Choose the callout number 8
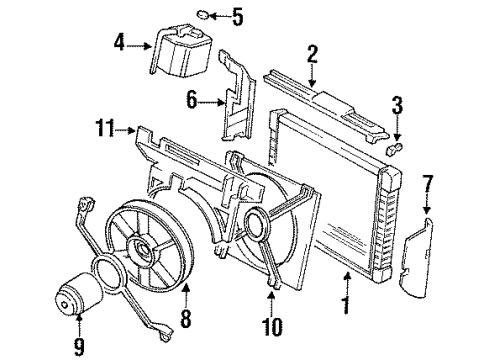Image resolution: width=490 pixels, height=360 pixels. (x=183, y=321)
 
